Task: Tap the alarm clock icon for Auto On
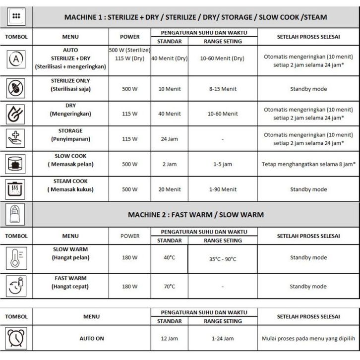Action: (x=16, y=338)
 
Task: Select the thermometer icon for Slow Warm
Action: (x=16, y=258)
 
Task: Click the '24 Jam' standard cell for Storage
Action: (x=169, y=139)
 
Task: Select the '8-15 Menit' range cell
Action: (x=223, y=89)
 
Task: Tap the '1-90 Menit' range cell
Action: (x=223, y=189)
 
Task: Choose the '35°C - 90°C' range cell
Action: (x=223, y=259)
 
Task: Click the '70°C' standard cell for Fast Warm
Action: (x=169, y=287)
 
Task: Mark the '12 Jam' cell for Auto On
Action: (x=169, y=339)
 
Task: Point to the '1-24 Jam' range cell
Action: (x=223, y=339)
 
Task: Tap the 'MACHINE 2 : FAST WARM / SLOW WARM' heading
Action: (x=196, y=215)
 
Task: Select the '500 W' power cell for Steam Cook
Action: (x=129, y=189)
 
